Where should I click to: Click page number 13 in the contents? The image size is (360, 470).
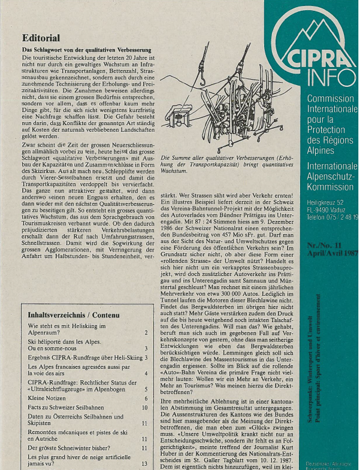click(x=144, y=463)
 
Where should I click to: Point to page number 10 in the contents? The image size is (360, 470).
click(x=144, y=407)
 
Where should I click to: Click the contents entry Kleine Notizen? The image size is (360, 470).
click(x=49, y=397)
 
